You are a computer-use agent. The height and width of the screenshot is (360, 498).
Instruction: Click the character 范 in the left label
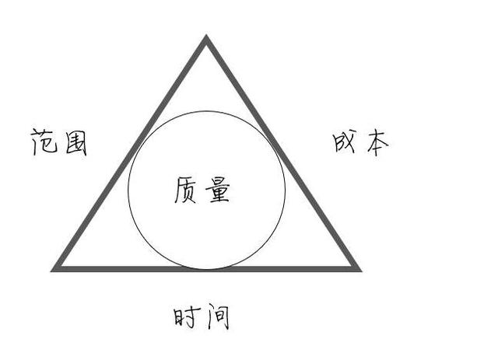click(45, 142)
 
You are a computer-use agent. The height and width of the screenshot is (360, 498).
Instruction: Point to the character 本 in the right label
click(376, 143)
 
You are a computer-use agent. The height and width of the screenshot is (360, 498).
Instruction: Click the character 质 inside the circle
click(187, 190)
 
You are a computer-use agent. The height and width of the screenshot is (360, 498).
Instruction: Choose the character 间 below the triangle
click(217, 317)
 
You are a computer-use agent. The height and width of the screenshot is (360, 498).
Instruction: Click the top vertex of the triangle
click(206, 37)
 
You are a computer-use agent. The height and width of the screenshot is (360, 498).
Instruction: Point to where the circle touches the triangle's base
click(206, 268)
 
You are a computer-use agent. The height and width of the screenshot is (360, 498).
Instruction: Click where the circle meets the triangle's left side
click(140, 148)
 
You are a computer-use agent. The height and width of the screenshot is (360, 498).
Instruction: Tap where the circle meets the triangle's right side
click(272, 148)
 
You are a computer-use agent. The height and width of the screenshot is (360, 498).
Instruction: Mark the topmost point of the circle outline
click(206, 110)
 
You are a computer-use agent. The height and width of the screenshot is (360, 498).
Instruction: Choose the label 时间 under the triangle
click(202, 317)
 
